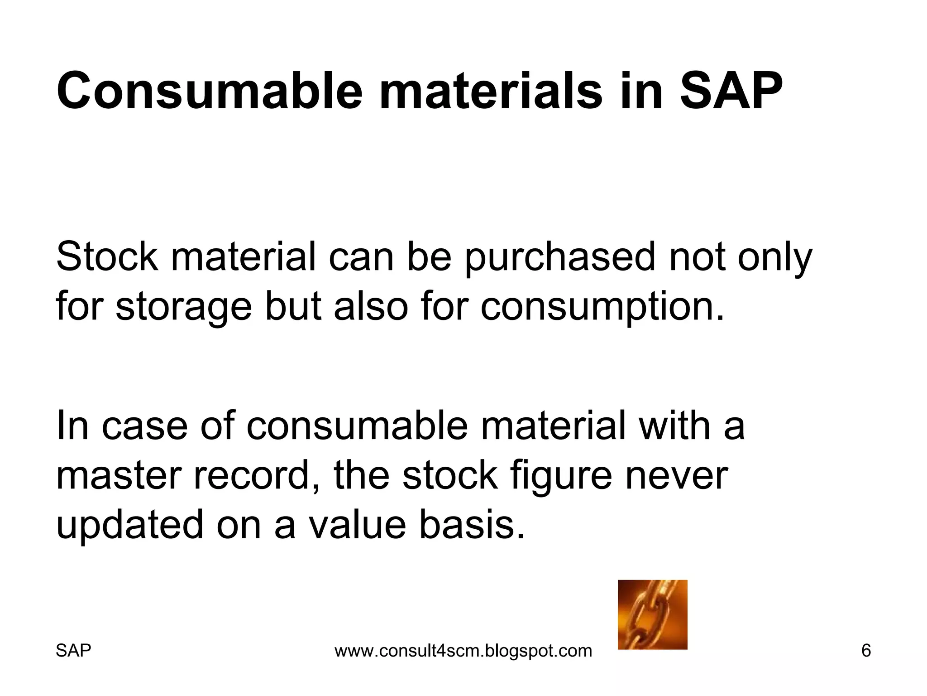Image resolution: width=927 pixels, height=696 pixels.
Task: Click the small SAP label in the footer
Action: click(73, 651)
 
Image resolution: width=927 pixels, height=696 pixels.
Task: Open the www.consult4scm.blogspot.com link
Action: click(463, 651)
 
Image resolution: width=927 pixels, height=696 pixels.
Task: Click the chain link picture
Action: click(652, 614)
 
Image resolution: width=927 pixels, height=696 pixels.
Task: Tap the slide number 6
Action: click(866, 651)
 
